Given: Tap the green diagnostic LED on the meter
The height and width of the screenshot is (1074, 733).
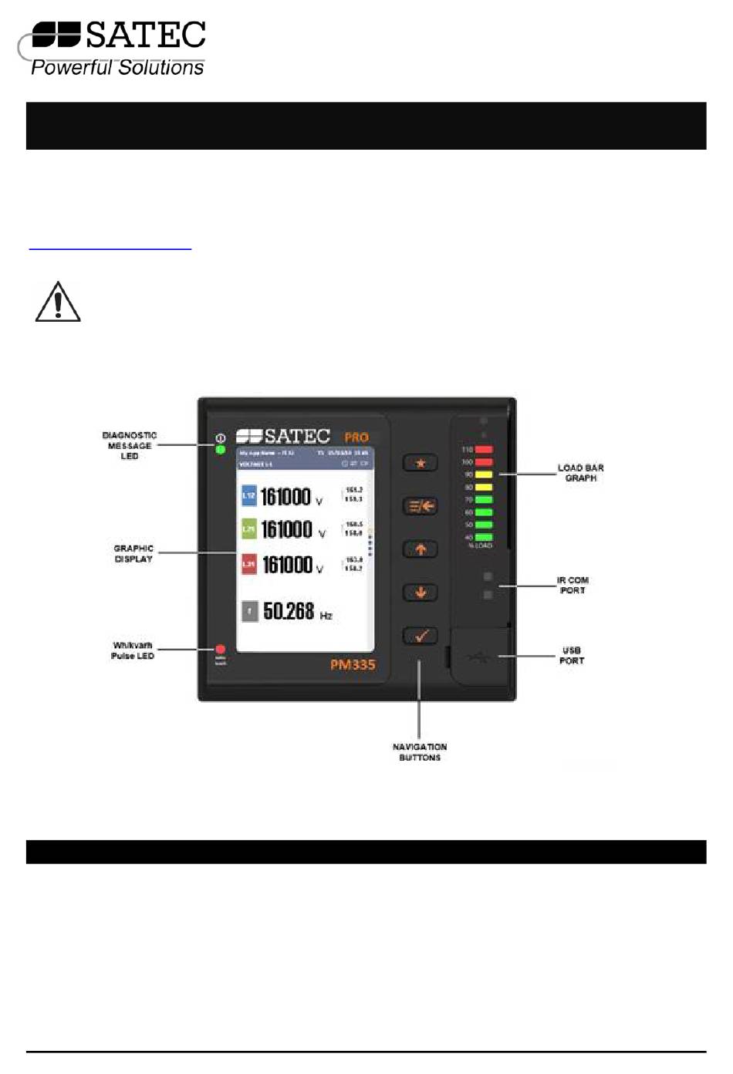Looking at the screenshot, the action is tap(220, 450).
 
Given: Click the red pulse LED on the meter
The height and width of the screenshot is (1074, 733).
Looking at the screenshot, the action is tap(220, 650).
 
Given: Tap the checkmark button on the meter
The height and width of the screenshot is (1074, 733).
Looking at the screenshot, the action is tap(421, 636).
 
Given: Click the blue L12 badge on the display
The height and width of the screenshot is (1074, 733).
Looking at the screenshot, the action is tap(248, 496).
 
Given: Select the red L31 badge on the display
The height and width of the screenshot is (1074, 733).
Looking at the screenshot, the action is tap(248, 565).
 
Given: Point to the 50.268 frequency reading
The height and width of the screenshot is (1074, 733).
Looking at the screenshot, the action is tap(289, 612).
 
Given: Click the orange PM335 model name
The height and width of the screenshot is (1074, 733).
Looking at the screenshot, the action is tap(353, 664).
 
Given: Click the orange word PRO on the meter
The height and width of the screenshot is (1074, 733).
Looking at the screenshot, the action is tap(356, 437).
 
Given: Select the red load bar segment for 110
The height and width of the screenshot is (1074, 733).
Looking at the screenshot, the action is tap(484, 449).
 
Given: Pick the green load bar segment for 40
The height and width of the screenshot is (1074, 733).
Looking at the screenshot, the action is tap(484, 537).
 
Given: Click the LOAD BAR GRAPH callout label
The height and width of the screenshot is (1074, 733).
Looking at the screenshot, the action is tap(580, 473).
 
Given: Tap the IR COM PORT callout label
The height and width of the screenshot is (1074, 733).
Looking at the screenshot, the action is tap(573, 585).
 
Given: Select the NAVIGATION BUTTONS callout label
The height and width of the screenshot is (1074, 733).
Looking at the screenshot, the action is tap(420, 752).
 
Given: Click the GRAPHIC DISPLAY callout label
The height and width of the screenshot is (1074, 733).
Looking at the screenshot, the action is tap(133, 553).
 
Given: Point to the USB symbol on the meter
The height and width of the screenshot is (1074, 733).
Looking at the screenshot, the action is tap(478, 657).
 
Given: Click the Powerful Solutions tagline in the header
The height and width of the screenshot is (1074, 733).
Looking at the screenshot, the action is tap(117, 68).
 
